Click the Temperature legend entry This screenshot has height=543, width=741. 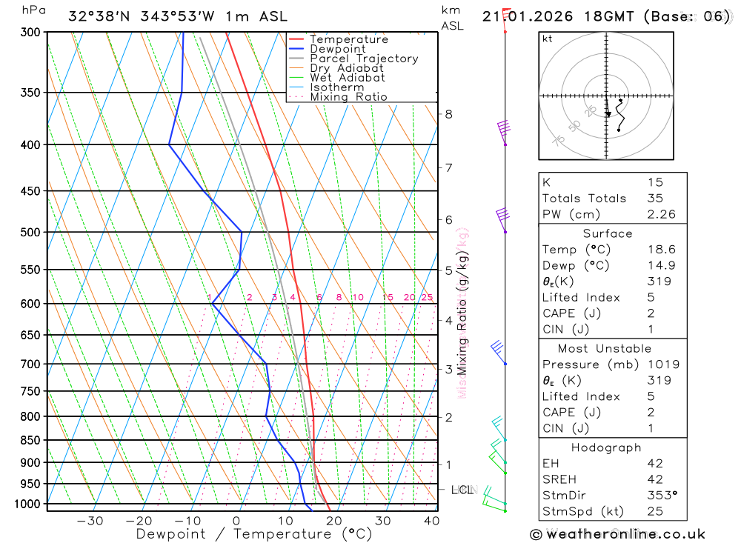tap(348, 39)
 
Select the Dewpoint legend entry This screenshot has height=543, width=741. tap(338, 49)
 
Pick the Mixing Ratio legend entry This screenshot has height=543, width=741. tap(348, 97)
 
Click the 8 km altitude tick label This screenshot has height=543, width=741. tap(448, 114)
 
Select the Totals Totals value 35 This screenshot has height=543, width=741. tap(655, 199)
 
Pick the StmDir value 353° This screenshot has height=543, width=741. tap(659, 496)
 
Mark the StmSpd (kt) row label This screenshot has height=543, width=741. tap(582, 512)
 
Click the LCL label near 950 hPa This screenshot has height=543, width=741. tap(462, 490)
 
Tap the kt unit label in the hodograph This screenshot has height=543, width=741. tap(548, 39)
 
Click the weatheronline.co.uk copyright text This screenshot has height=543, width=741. tap(618, 534)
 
